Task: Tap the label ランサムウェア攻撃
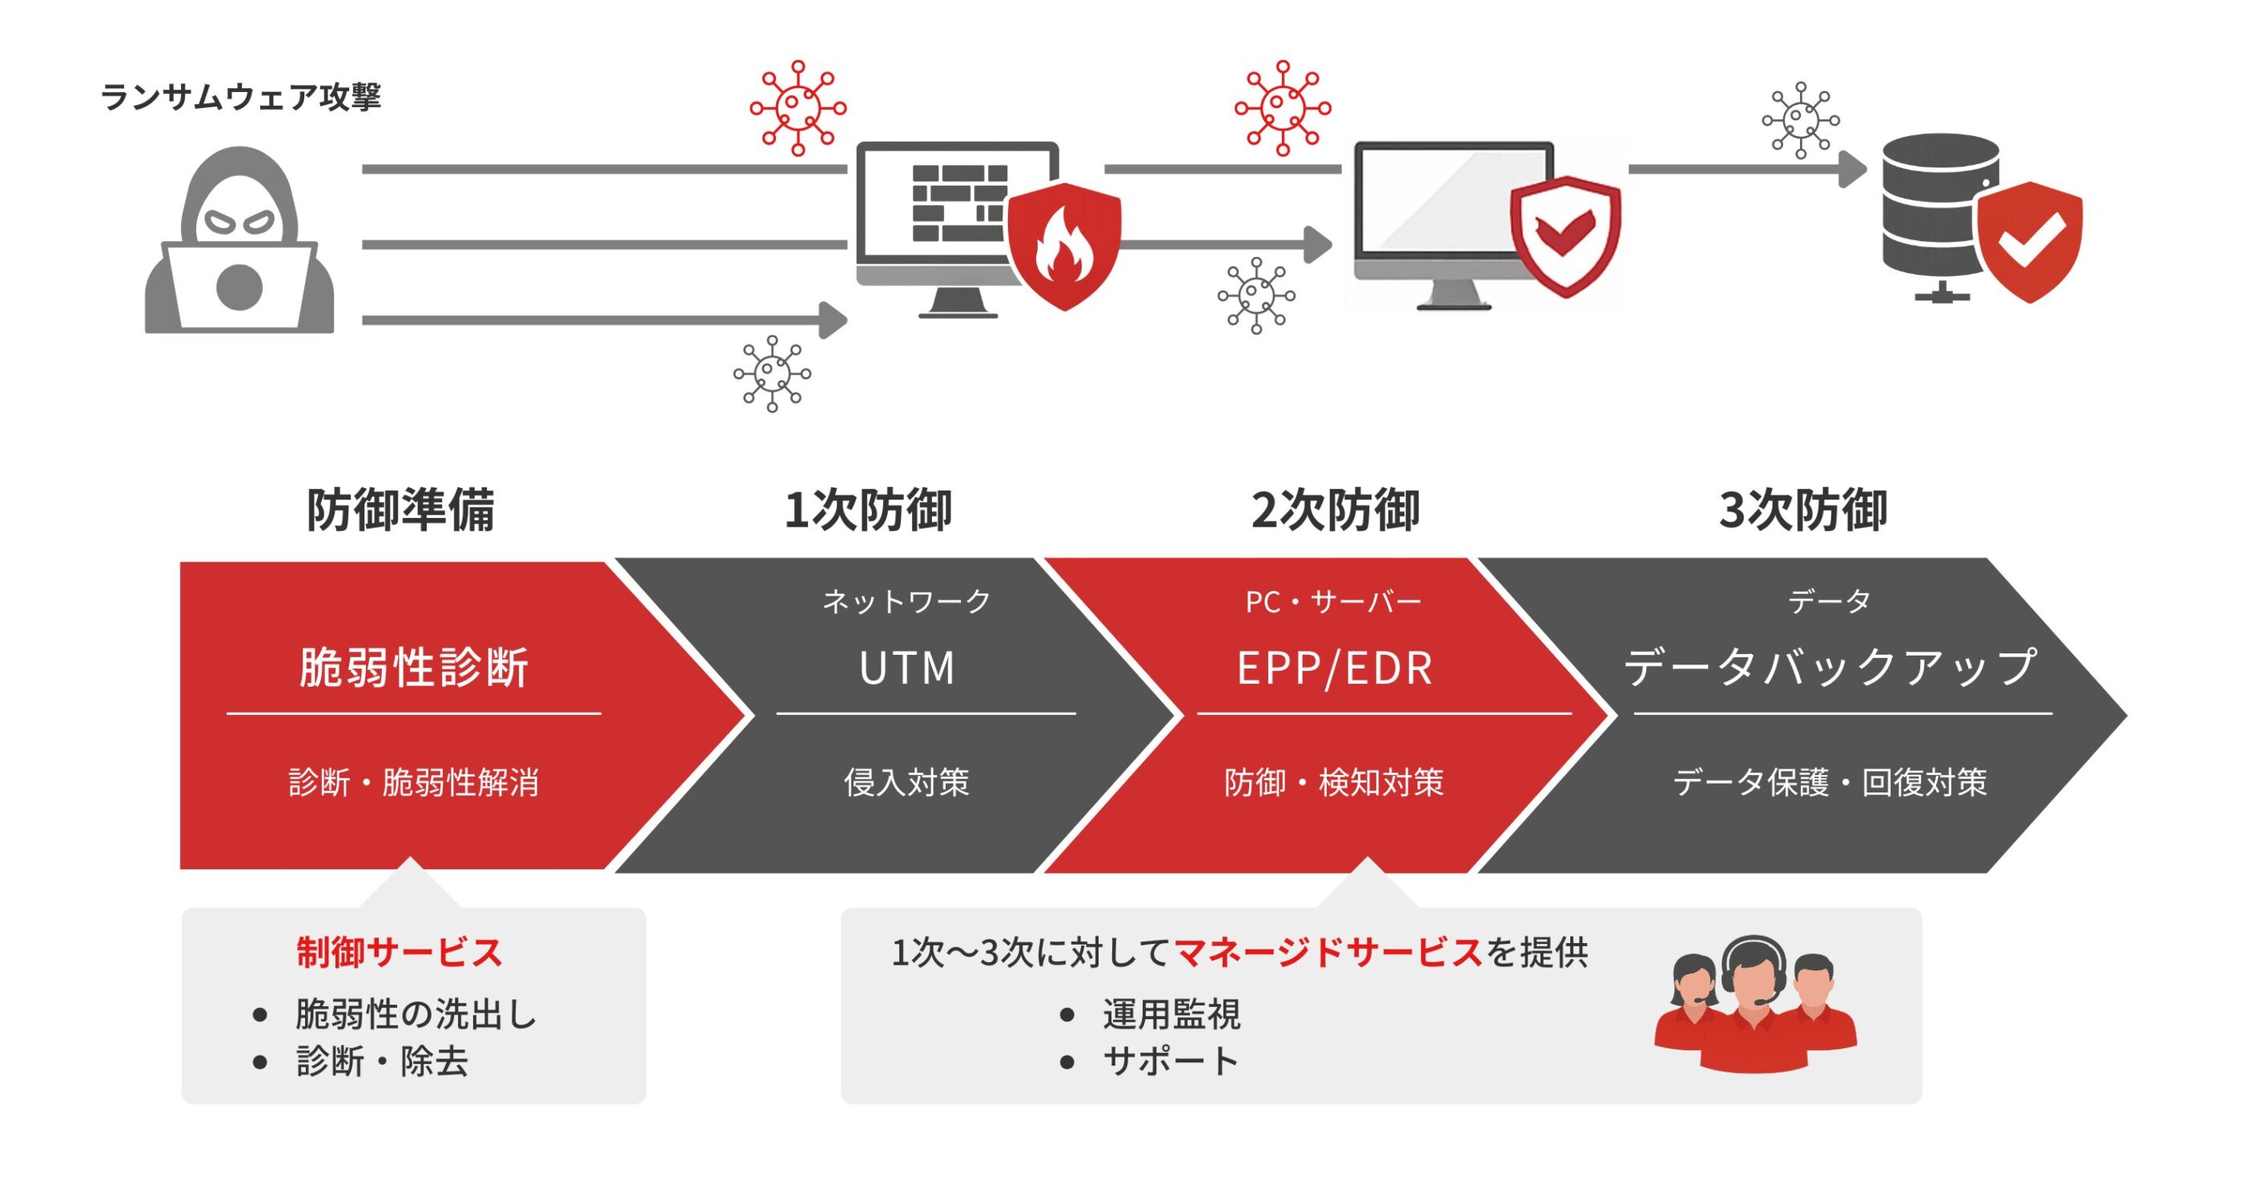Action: (241, 96)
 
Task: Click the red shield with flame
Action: (1063, 246)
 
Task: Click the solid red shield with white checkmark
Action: (2029, 241)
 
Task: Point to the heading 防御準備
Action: (400, 510)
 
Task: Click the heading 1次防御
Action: (868, 510)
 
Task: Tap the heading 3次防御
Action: (1802, 510)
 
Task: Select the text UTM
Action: (907, 668)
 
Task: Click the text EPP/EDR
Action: (1334, 668)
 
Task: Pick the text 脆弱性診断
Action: (413, 668)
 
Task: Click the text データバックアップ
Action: (1830, 668)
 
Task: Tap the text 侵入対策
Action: (907, 782)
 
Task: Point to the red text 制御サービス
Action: (400, 952)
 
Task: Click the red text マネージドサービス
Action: (1328, 952)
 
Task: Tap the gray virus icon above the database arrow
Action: (1800, 120)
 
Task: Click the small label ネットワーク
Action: (907, 601)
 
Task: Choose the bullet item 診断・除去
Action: (382, 1062)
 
